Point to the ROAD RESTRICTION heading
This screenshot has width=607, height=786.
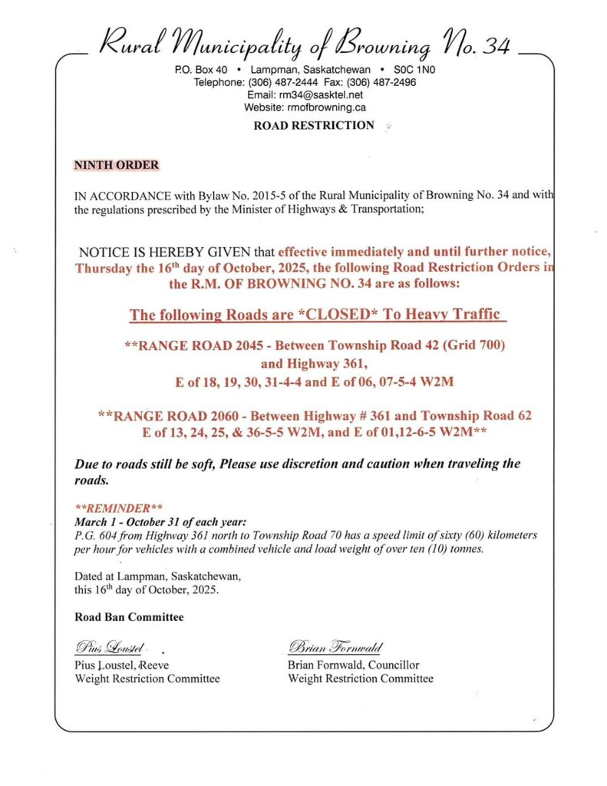314,125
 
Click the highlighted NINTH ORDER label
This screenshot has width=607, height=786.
116,165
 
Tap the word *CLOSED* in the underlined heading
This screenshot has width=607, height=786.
329,315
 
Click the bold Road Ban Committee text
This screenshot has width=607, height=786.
129,616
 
